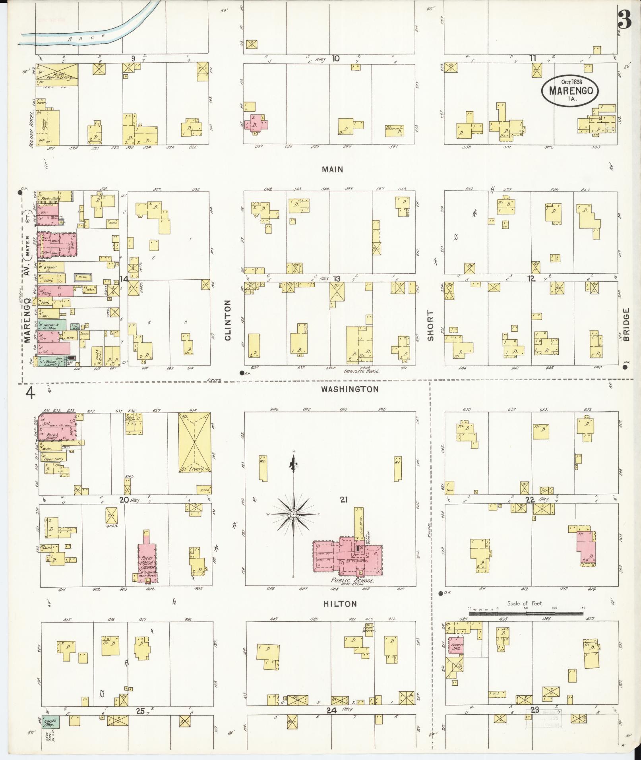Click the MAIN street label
(x=332, y=170)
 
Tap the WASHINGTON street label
(x=350, y=389)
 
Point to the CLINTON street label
(x=228, y=320)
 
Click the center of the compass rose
(x=293, y=514)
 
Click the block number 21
(x=344, y=499)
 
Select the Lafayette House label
(x=361, y=371)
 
